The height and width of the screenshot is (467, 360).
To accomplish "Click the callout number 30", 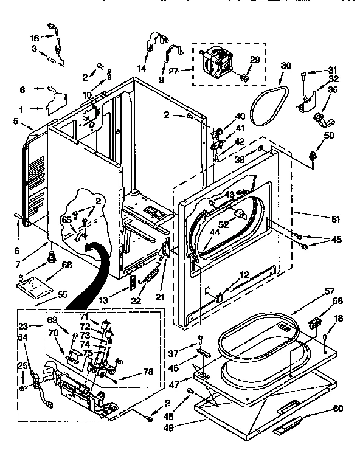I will point(286,66).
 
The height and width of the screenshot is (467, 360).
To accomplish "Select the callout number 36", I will point(333,89).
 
